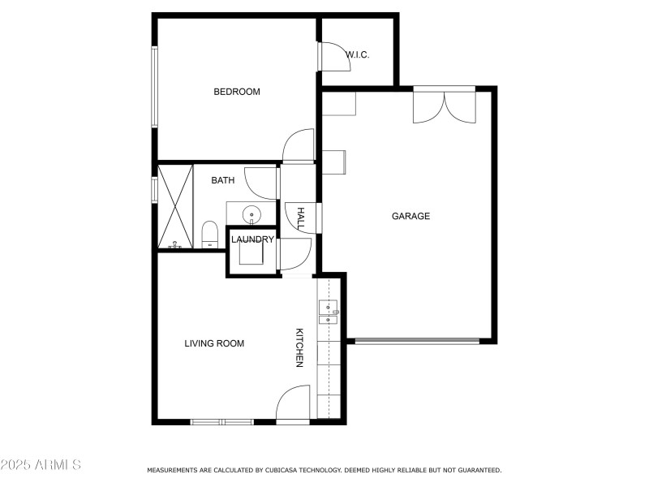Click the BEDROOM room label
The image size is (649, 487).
click(x=237, y=92)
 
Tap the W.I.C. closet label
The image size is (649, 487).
click(x=358, y=54)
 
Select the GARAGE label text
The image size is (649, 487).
click(x=410, y=216)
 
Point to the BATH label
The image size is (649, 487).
click(x=223, y=180)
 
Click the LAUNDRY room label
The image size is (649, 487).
click(x=252, y=239)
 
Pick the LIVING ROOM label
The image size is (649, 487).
click(x=214, y=343)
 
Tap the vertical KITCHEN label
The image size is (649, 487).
click(x=299, y=348)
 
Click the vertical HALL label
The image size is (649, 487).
click(x=300, y=218)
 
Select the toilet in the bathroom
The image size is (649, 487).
click(x=209, y=235)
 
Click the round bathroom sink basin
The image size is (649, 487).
click(x=252, y=215)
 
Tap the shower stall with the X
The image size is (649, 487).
click(x=174, y=206)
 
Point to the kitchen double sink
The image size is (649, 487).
click(x=329, y=312)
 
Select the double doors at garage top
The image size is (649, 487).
click(x=444, y=106)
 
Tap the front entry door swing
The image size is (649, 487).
click(x=293, y=403)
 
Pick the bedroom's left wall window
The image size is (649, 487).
click(x=153, y=87)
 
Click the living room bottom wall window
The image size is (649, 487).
click(x=221, y=421)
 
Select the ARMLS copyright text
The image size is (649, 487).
click(x=41, y=465)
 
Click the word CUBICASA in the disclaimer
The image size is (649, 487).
click(x=285, y=470)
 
